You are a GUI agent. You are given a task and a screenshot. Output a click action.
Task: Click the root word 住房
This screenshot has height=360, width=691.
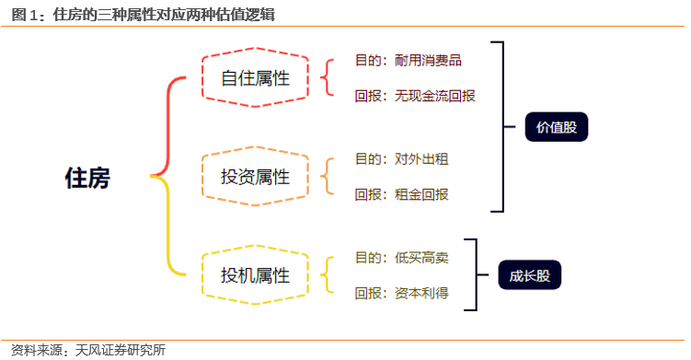87,178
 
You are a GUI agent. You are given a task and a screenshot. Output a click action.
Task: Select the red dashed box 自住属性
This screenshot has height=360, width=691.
255,77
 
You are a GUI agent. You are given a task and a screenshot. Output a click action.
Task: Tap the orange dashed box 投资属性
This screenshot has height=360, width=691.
255,175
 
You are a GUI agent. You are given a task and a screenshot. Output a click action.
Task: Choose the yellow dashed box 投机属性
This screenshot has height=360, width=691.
255,274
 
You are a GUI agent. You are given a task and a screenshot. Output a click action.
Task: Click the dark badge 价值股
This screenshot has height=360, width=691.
556,127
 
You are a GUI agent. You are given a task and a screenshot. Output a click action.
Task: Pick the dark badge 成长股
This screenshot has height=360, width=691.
529,274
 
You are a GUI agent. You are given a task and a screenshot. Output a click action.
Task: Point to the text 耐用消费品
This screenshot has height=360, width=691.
428,61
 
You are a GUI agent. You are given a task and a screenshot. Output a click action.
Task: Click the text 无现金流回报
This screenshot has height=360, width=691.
435,95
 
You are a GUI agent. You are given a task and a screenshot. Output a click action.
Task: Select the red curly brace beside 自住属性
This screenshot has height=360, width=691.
325,77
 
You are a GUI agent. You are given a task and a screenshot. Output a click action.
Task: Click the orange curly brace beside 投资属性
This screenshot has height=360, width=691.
325,175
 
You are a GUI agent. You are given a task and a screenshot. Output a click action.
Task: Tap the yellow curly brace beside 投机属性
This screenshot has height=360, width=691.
325,274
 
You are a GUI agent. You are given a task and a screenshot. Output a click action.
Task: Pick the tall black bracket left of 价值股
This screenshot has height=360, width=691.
501,126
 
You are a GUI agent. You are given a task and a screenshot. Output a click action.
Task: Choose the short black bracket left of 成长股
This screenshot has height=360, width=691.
475,274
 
